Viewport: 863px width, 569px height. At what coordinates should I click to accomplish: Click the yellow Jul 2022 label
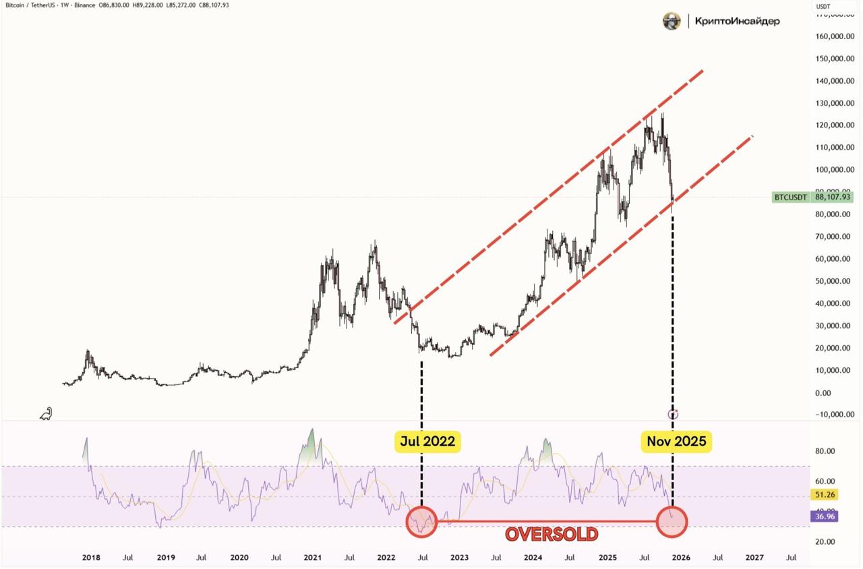click(427, 442)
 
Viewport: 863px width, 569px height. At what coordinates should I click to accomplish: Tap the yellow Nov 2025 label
click(676, 442)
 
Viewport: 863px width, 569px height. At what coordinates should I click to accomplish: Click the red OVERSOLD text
click(552, 535)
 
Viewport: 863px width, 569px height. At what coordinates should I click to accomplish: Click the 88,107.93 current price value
click(833, 198)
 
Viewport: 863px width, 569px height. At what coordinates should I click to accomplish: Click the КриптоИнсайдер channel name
click(737, 22)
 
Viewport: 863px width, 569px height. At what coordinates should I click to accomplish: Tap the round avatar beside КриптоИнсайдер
click(672, 22)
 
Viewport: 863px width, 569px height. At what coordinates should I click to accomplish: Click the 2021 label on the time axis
click(312, 558)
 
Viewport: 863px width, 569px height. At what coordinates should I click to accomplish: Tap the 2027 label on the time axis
click(754, 558)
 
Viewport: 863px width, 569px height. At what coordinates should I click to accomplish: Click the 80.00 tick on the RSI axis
click(825, 451)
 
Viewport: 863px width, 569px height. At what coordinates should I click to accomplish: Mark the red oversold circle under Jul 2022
click(422, 521)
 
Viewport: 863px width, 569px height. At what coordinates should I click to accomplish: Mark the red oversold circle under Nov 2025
click(672, 521)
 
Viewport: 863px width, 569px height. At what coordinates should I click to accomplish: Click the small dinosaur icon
click(46, 414)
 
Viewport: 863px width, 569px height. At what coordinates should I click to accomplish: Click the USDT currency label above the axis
click(823, 7)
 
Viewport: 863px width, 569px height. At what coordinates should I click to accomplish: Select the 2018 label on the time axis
click(91, 558)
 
